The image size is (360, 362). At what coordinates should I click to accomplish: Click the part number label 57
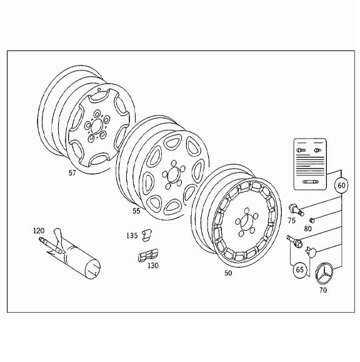pos(72,173)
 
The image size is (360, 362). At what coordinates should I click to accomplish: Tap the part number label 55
pos(136,212)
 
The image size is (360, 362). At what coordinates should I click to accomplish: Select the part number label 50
pos(228,273)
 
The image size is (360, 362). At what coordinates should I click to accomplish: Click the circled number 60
pos(341,185)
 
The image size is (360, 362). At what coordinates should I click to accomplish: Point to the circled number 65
pos(300,270)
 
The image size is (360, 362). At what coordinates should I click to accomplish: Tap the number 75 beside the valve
pos(291,220)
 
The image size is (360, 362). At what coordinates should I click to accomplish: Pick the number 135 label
pos(131,236)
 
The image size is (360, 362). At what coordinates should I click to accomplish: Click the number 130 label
pos(152,265)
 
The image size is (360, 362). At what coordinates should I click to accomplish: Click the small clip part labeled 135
pos(147,234)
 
